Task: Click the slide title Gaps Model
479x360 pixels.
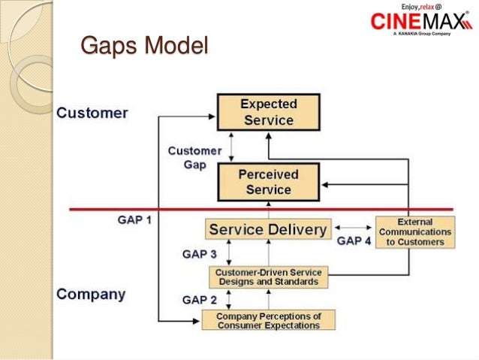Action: tap(143, 46)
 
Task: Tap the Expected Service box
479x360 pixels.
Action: tap(268, 112)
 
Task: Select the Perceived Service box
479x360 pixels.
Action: tap(268, 181)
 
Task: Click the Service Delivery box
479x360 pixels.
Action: tap(268, 229)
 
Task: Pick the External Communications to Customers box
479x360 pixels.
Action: tap(414, 232)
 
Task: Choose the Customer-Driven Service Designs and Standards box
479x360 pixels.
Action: tap(268, 277)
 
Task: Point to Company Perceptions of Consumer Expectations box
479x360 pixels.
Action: tap(268, 319)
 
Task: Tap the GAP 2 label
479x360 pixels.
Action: tap(200, 299)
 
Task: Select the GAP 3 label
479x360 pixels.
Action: tap(200, 254)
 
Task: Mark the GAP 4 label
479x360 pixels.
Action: tap(354, 241)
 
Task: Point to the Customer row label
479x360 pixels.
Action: tap(93, 114)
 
